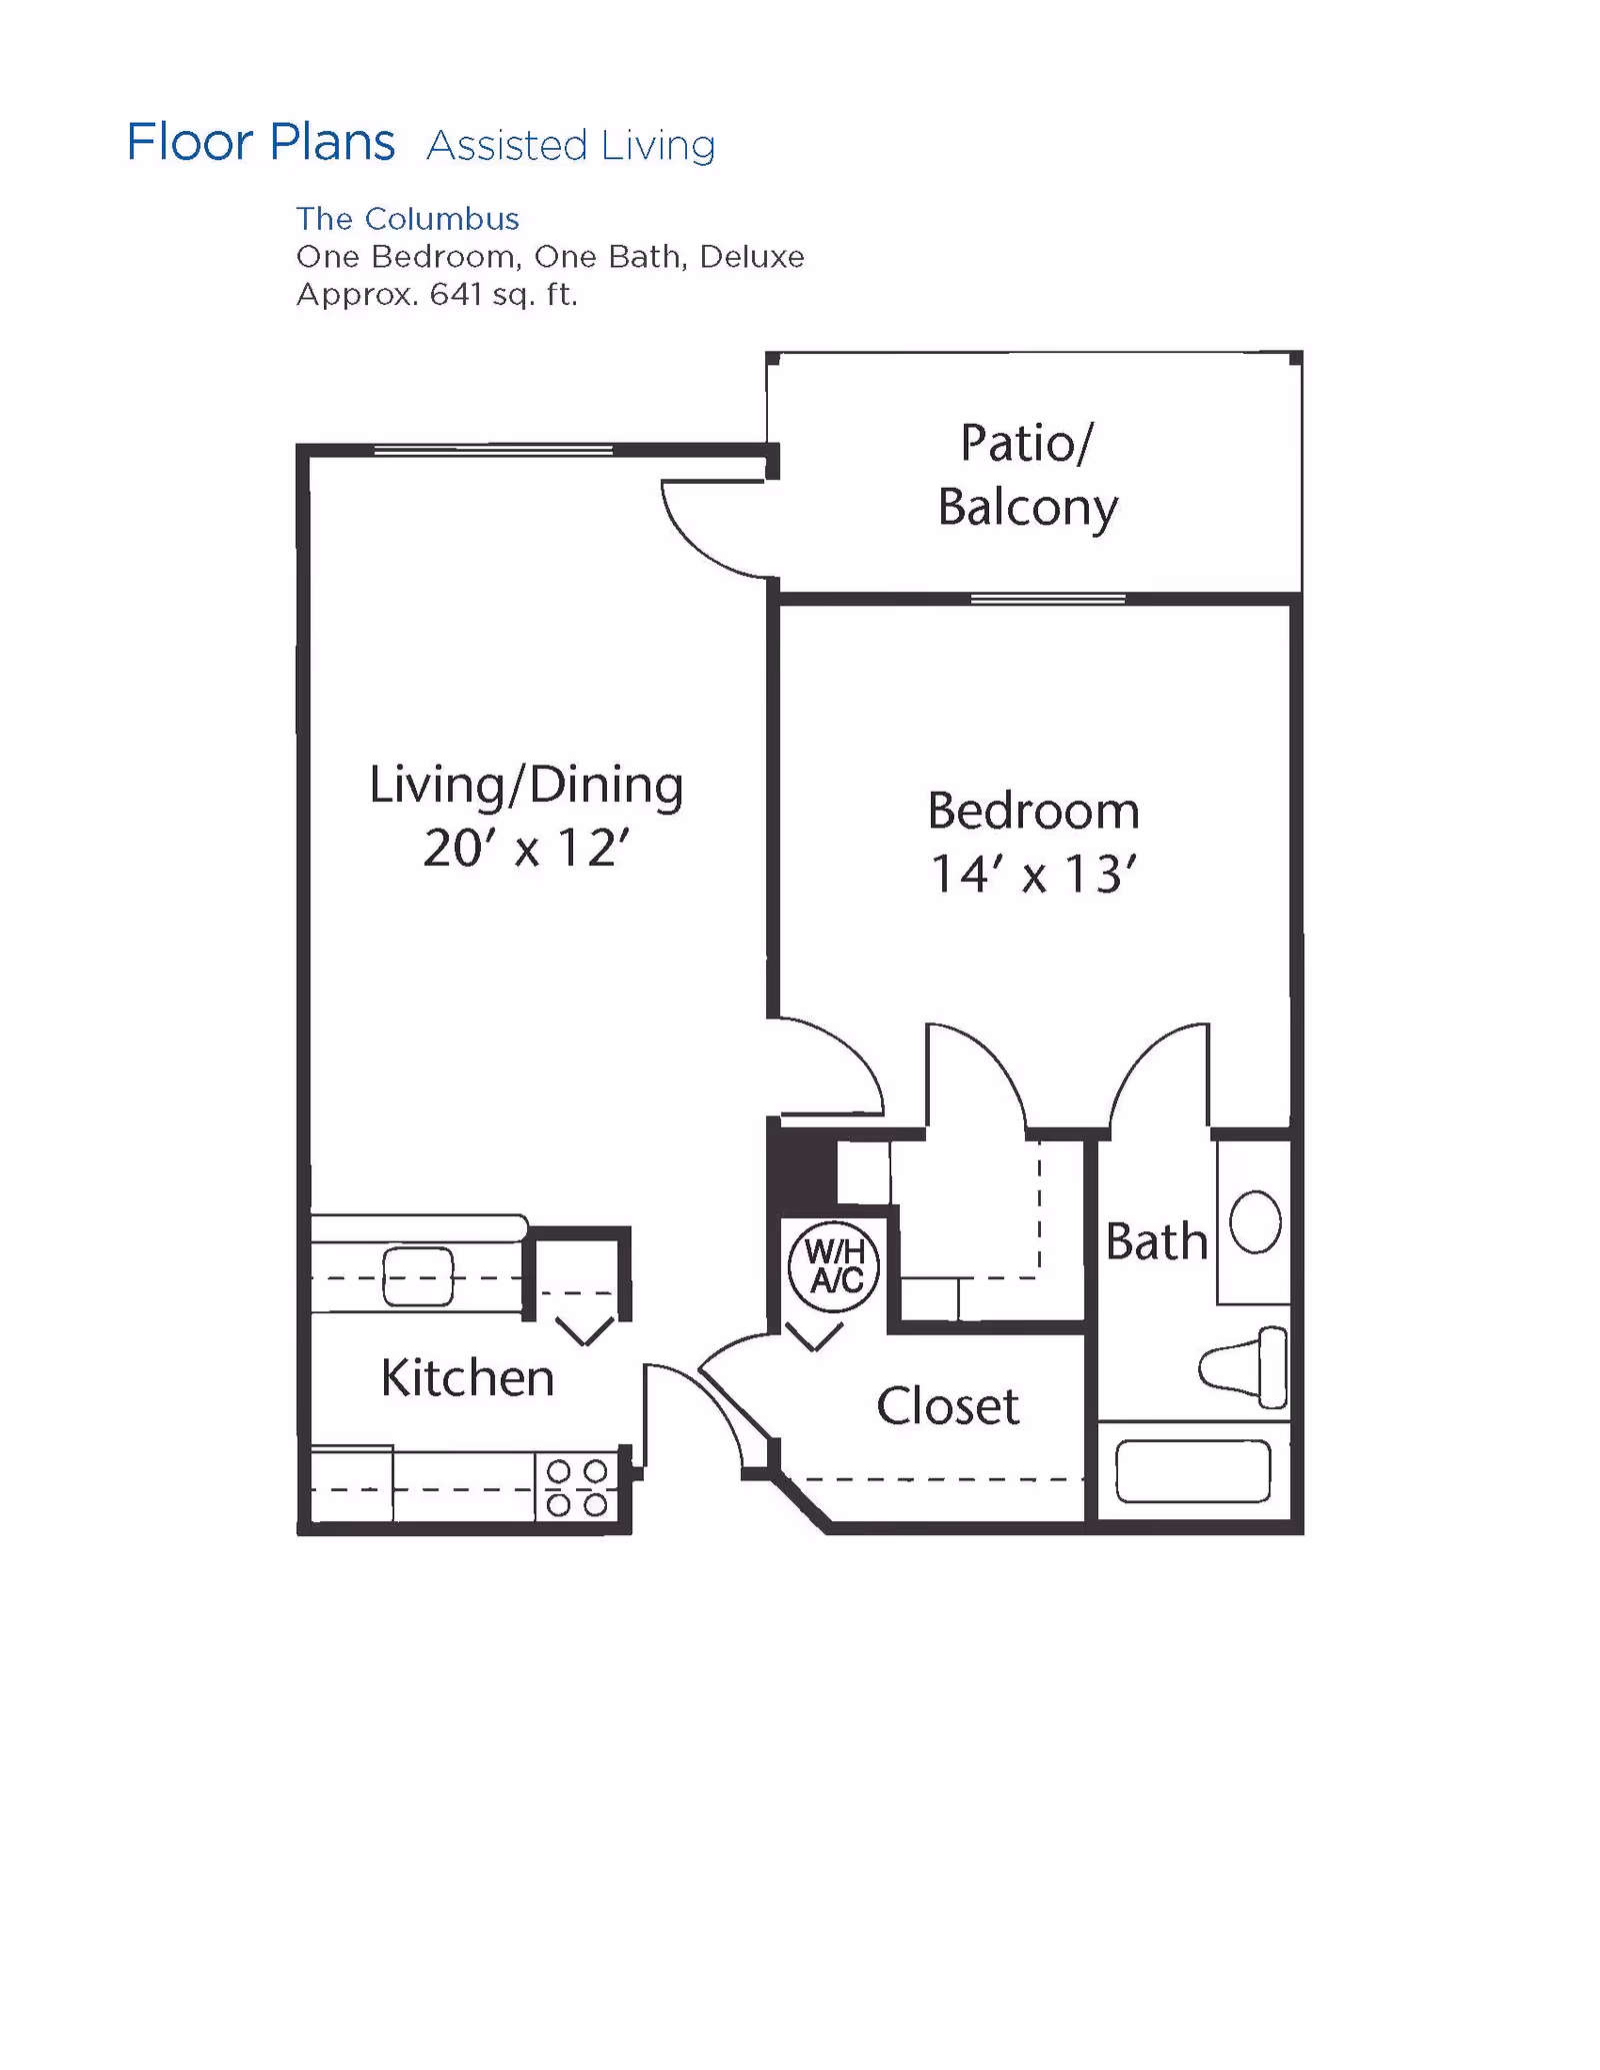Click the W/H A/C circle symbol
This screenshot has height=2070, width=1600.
[834, 1265]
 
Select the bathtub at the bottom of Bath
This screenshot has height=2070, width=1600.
[1192, 1471]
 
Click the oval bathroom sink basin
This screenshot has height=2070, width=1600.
[1255, 1221]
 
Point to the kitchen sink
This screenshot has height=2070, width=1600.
[418, 1276]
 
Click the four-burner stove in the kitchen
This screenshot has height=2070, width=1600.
[577, 1487]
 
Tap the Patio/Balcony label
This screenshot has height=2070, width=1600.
[1028, 475]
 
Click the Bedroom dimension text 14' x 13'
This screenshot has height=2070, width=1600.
[1033, 875]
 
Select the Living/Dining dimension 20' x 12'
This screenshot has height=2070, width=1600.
[526, 849]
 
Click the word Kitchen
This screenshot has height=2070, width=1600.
[467, 1378]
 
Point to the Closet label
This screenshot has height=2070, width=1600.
[947, 1406]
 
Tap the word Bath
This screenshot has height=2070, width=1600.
[1156, 1242]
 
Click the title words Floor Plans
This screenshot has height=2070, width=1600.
[261, 142]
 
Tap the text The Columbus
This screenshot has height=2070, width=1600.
[407, 219]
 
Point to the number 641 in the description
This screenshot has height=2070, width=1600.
[456, 295]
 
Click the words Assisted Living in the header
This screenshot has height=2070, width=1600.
[571, 146]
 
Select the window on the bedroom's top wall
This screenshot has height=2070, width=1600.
[1048, 599]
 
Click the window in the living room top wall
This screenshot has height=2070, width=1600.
[493, 451]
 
